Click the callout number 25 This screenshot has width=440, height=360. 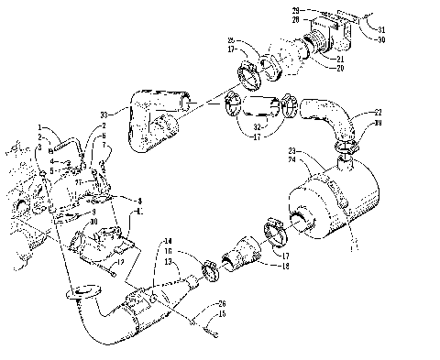(x=232, y=40)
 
